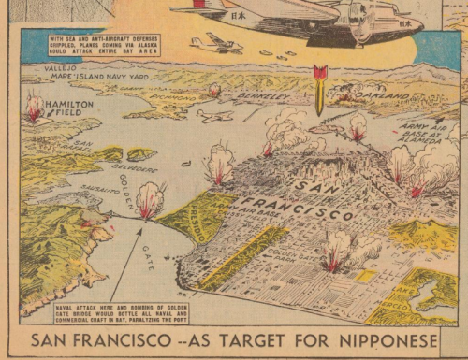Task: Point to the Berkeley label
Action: tap(260, 96)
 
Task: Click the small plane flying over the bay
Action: tap(214, 116)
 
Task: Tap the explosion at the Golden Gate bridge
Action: tap(149, 199)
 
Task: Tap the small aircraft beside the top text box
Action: tap(215, 44)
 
